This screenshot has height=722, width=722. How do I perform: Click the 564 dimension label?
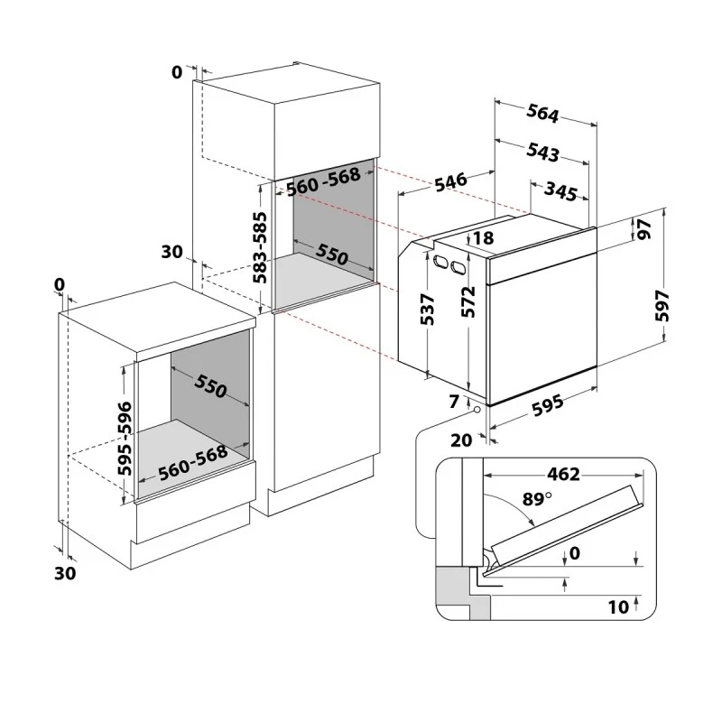pyautogui.click(x=543, y=114)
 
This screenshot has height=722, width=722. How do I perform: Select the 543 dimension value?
pyautogui.click(x=543, y=152)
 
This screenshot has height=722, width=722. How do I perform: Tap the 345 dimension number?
pyautogui.click(x=560, y=191)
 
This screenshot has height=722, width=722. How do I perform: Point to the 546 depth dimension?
pyautogui.click(x=451, y=181)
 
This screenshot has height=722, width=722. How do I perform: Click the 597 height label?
pyautogui.click(x=662, y=305)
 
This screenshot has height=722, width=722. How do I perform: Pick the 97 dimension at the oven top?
pyautogui.click(x=644, y=229)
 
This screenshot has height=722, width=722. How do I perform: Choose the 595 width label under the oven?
pyautogui.click(x=548, y=405)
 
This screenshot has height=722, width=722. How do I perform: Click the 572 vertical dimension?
pyautogui.click(x=468, y=301)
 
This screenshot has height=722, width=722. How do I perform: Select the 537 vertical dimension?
pyautogui.click(x=427, y=309)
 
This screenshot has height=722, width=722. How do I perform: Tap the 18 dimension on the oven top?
pyautogui.click(x=483, y=238)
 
